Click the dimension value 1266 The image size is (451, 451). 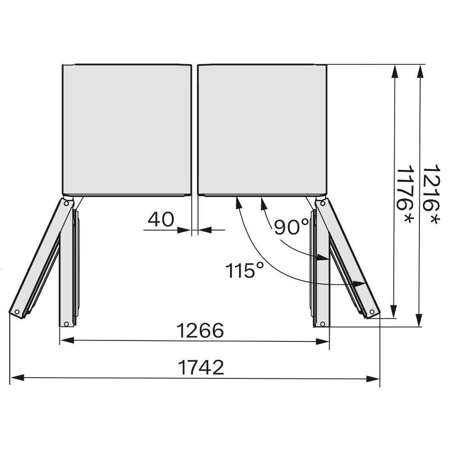200,330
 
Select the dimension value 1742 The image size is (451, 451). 201,367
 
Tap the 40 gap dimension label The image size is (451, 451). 161,220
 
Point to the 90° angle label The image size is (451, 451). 291,227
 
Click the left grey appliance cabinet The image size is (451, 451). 127,129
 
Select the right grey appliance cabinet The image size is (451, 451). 262,129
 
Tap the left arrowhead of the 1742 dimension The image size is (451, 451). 17,378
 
